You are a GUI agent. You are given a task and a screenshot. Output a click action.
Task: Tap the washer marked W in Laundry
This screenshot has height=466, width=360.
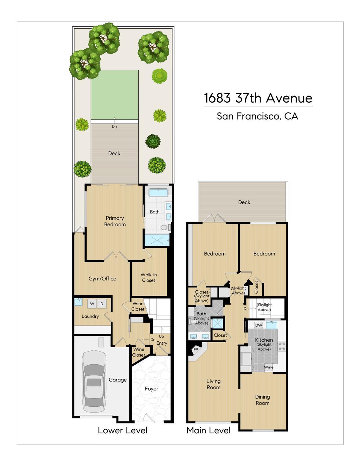click(92, 304)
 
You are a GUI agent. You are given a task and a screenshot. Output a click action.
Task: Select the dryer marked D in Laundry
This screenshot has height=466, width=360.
click(102, 304)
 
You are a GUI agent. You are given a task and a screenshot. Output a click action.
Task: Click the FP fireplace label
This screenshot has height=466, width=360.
click(196, 349)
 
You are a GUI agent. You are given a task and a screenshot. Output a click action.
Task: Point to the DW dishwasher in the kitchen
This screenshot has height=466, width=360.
click(259, 325)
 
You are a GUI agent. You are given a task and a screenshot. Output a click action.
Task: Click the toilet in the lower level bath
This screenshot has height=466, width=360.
click(166, 227)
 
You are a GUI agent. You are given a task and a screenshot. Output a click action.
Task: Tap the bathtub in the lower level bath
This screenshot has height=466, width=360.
click(158, 192)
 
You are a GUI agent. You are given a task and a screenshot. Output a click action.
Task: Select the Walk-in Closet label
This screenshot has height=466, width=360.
click(149, 278)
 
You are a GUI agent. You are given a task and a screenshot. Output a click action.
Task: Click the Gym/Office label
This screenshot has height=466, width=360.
click(103, 279)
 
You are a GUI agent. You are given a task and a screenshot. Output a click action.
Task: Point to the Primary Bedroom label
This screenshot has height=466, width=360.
click(115, 221)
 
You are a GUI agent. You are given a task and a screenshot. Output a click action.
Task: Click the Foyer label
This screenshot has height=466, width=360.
click(152, 389)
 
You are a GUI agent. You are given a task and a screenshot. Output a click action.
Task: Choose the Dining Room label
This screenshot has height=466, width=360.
click(262, 400)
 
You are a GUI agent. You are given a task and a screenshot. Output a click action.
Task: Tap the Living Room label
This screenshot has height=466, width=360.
click(214, 384)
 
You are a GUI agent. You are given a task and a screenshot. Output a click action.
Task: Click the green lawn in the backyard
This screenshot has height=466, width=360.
click(115, 95)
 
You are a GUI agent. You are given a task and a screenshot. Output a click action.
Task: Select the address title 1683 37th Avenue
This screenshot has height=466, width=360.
click(258, 98)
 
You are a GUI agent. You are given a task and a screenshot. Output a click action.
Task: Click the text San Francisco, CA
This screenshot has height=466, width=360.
click(257, 116)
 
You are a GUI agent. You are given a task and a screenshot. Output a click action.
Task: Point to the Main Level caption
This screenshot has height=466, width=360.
click(208, 430)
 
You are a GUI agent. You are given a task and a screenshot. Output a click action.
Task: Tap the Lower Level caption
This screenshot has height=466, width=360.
click(123, 430)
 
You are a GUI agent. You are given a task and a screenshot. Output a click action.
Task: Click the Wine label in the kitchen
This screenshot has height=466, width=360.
click(269, 367)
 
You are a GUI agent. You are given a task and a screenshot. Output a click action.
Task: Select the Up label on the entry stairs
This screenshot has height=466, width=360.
click(161, 336)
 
